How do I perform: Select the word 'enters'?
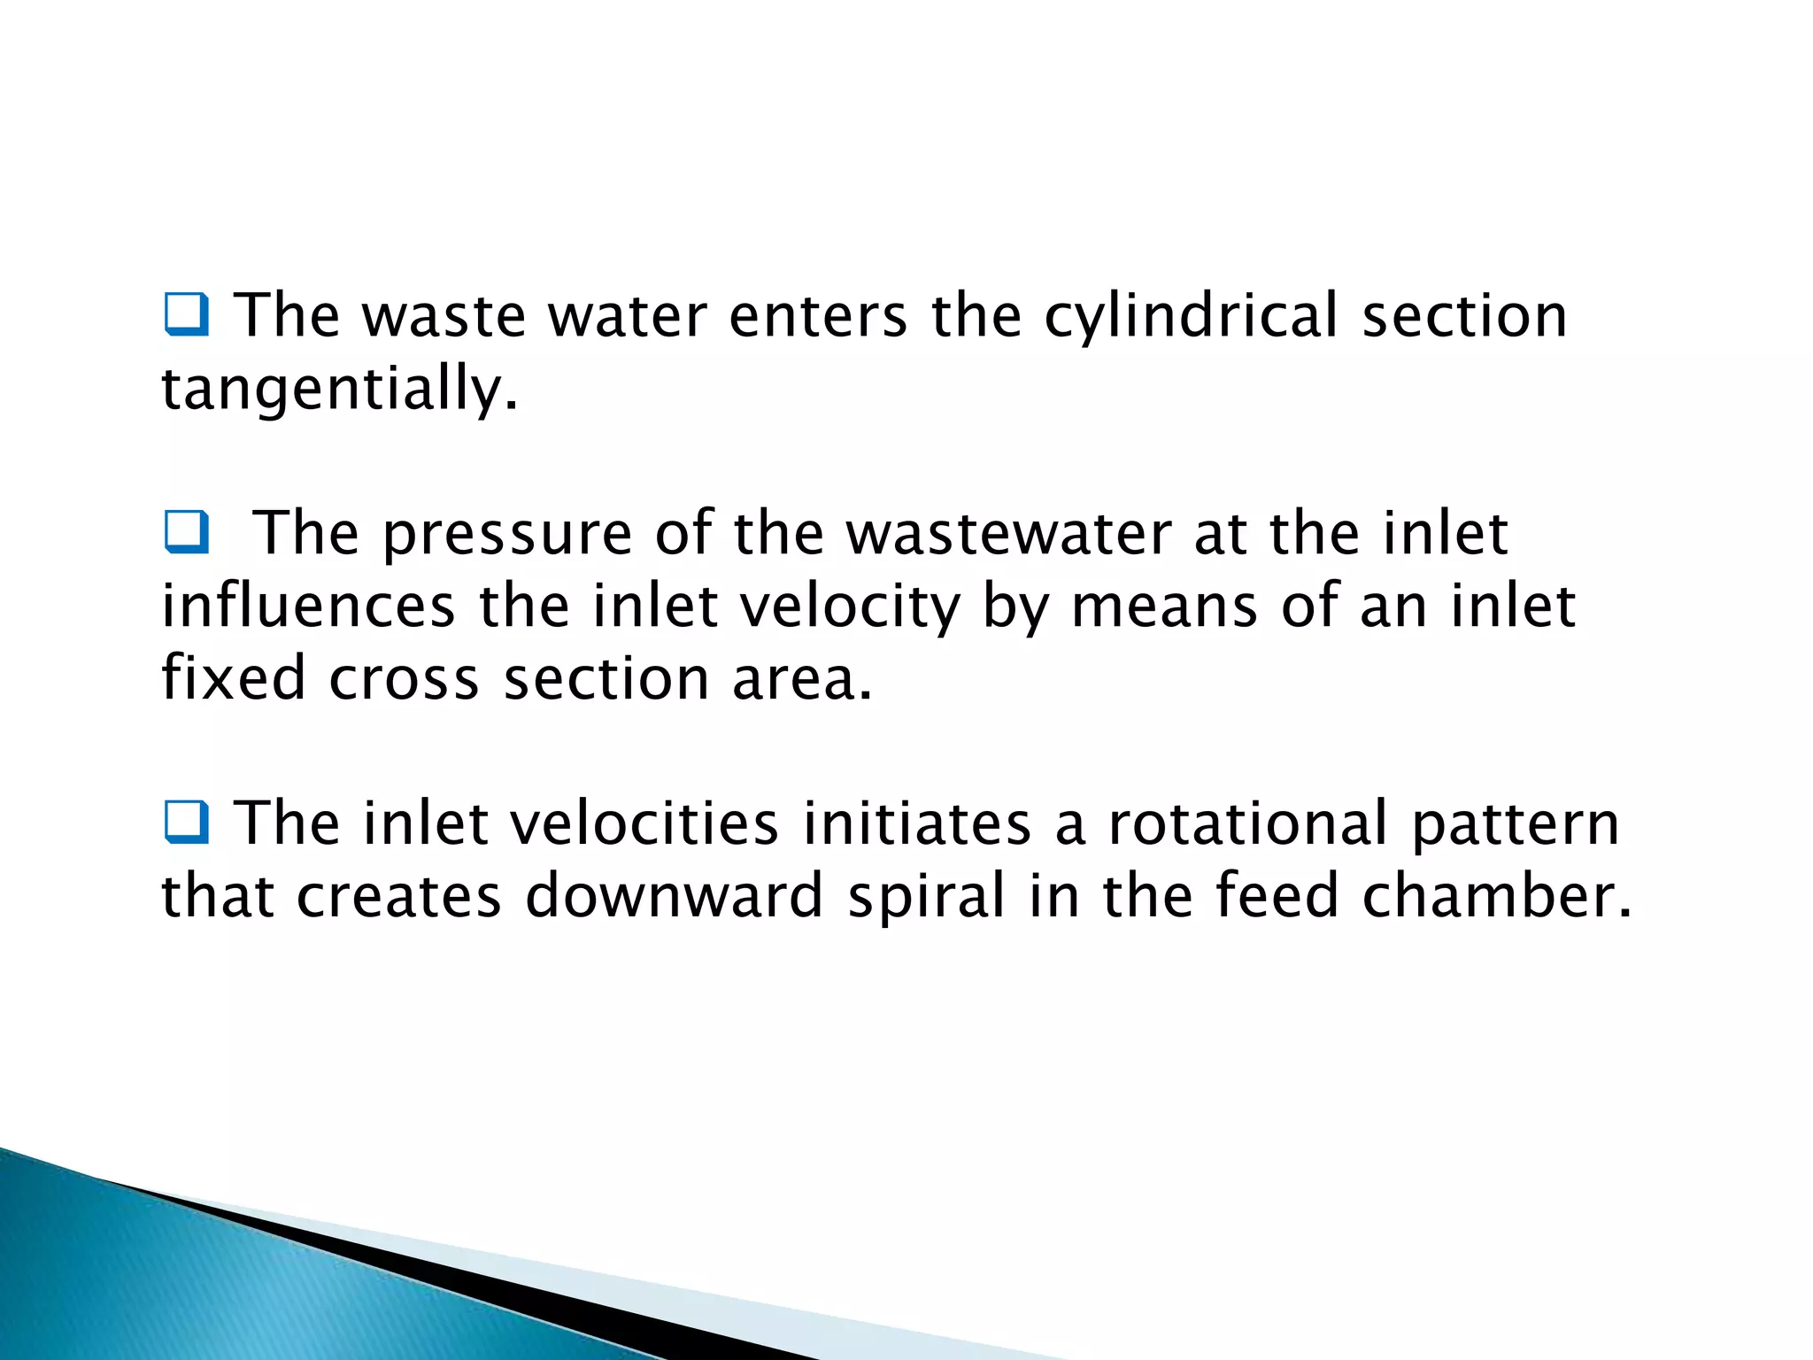818,317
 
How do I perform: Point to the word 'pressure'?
507,536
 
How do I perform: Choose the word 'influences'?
308,607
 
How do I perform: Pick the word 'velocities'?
645,824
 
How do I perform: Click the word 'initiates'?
917,824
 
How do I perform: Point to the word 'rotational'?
1248,824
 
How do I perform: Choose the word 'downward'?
675,897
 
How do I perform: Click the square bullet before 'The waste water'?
186,314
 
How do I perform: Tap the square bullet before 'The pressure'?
186,532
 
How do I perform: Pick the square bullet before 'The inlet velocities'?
186,822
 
